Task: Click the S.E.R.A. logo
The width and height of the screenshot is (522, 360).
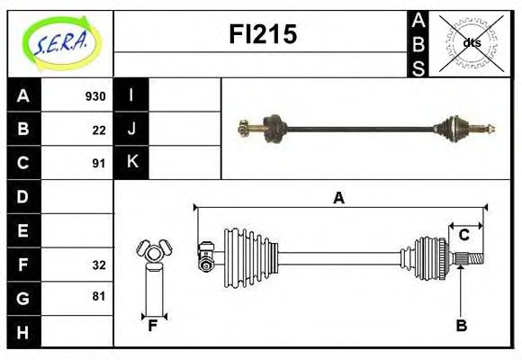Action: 59,42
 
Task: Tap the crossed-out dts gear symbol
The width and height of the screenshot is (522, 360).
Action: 471,42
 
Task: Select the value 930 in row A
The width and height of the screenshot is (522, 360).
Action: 95,96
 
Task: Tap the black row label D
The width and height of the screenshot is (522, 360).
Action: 23,196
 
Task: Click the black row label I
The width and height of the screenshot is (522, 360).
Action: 131,95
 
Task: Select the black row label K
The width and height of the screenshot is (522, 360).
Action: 131,163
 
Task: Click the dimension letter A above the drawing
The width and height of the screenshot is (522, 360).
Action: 339,199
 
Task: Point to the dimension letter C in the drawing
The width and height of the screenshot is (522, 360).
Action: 464,235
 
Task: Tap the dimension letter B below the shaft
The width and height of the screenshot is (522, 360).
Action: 461,326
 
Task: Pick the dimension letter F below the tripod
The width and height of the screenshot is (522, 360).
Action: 153,326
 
